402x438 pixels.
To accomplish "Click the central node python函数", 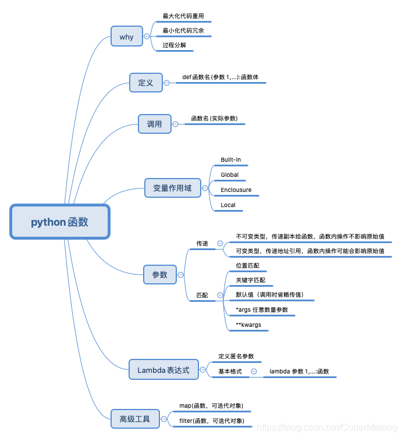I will coord(59,222).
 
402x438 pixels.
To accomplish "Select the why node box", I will coord(127,37).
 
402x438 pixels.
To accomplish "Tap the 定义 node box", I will coord(145,83).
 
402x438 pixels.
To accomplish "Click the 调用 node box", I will coord(155,124).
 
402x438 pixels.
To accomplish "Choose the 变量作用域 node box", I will coord(172,188).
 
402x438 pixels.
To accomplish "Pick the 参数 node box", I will coord(159,275).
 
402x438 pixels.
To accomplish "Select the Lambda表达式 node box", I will coord(163,370).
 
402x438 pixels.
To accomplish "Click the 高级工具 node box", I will coord(135,418).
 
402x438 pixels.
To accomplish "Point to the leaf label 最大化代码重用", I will coord(183,16).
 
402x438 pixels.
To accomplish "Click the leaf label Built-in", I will coord(230,159).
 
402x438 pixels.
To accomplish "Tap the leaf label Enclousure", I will coord(236,190).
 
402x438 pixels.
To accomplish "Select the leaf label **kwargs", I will coord(248,325).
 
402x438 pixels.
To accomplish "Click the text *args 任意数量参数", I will coord(262,309).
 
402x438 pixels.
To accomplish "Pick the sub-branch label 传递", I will coord(202,244).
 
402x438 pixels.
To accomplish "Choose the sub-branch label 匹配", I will coord(202,295).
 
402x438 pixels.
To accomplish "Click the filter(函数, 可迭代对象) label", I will coord(211,420).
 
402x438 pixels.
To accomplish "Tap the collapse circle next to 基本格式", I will coord(254,371).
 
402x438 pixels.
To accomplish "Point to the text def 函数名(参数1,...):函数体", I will coord(220,76).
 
